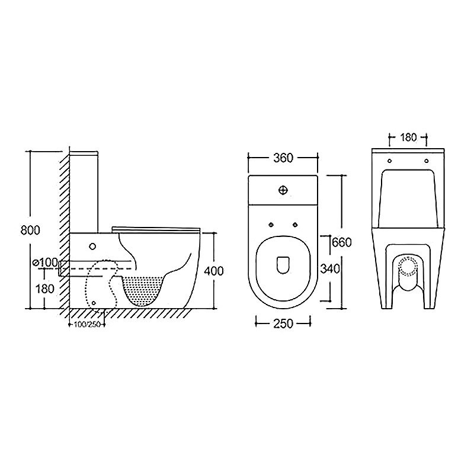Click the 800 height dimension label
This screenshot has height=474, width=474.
click(x=30, y=230)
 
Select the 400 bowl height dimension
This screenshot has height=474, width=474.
click(x=214, y=271)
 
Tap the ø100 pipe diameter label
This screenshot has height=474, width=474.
click(x=46, y=262)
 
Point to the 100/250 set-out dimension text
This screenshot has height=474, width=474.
click(x=87, y=325)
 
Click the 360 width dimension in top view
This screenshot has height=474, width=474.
click(x=283, y=158)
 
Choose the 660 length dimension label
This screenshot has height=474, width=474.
click(x=342, y=242)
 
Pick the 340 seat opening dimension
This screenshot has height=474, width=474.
click(x=330, y=268)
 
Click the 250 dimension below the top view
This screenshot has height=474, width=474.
click(x=283, y=324)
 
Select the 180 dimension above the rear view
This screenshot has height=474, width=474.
click(x=408, y=137)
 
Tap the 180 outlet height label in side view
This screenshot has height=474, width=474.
click(x=45, y=289)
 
